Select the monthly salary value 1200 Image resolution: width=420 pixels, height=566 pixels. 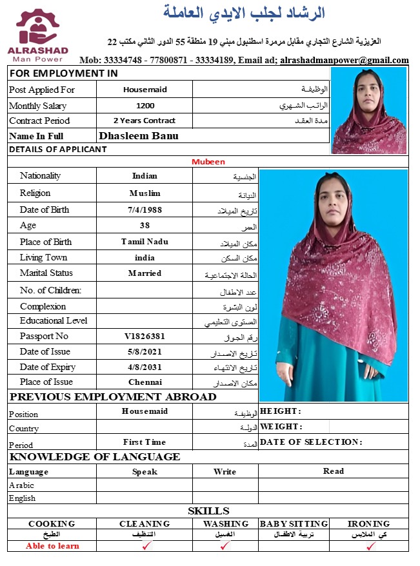pyautogui.click(x=145, y=106)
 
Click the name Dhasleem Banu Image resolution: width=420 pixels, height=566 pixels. pyautogui.click(x=139, y=136)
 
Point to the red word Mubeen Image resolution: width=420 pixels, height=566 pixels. pyautogui.click(x=208, y=162)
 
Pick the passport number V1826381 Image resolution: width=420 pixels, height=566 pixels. pyautogui.click(x=145, y=337)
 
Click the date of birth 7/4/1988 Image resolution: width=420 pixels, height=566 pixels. pyautogui.click(x=145, y=210)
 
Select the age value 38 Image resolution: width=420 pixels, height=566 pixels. pyautogui.click(x=145, y=226)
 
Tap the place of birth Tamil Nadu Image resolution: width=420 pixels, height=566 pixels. pyautogui.click(x=145, y=242)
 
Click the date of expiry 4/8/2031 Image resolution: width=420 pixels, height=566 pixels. pyautogui.click(x=145, y=367)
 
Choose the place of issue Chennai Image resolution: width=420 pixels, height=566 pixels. pyautogui.click(x=145, y=382)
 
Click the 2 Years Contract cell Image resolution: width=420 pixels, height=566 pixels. pyautogui.click(x=145, y=121)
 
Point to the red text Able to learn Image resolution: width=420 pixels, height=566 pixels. pyautogui.click(x=52, y=546)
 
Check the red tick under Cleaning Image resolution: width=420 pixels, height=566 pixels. pyautogui.click(x=148, y=546)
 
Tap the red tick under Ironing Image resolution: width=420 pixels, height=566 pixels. pyautogui.click(x=370, y=546)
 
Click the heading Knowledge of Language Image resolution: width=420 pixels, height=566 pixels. pyautogui.click(x=95, y=456)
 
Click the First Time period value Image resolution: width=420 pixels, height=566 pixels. pyautogui.click(x=145, y=442)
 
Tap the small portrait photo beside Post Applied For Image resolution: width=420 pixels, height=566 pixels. pyautogui.click(x=369, y=110)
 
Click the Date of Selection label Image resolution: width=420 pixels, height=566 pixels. pyautogui.click(x=311, y=442)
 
